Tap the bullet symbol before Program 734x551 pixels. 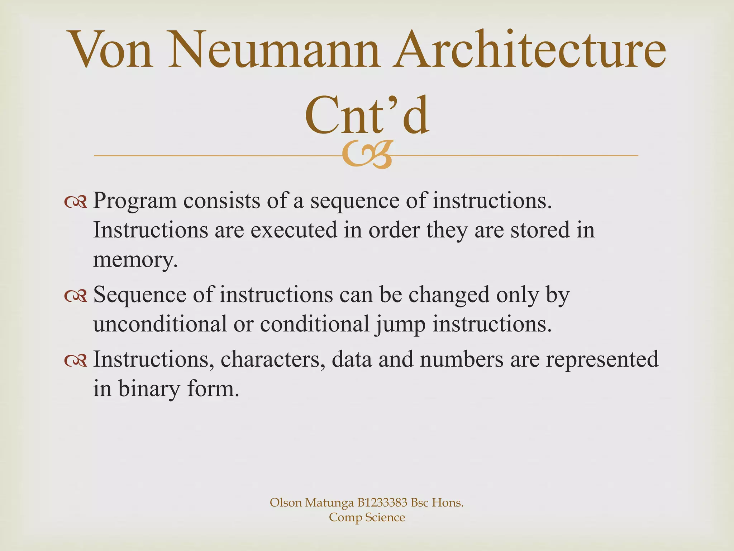pyautogui.click(x=76, y=203)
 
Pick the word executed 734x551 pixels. pyautogui.click(x=294, y=230)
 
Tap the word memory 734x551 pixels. pyautogui.click(x=135, y=259)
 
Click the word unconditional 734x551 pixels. pyautogui.click(x=160, y=324)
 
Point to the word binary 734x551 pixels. pyautogui.click(x=149, y=389)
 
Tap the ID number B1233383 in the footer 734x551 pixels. pyautogui.click(x=382, y=503)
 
